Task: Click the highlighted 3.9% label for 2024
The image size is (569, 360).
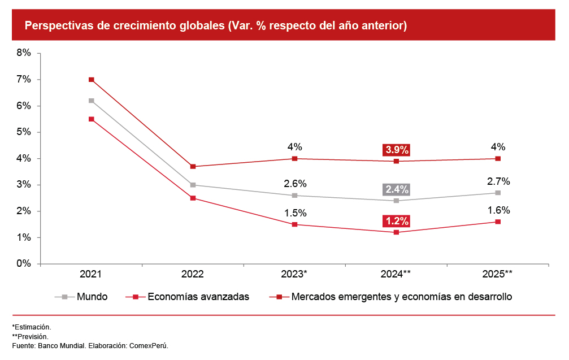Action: click(x=396, y=150)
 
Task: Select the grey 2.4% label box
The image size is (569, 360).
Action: click(x=396, y=189)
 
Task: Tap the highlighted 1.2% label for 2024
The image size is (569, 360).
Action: click(x=396, y=221)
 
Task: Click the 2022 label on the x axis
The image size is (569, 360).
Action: click(x=193, y=274)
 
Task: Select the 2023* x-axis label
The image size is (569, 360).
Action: click(x=294, y=274)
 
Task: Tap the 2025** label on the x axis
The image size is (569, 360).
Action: click(x=498, y=274)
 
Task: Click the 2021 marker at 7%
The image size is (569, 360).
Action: click(x=91, y=80)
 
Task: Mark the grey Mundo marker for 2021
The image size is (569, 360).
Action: click(x=91, y=101)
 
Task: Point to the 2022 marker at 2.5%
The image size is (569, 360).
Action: click(x=193, y=198)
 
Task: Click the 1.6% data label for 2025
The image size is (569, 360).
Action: click(x=498, y=210)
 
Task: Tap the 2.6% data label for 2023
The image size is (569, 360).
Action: click(x=294, y=184)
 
